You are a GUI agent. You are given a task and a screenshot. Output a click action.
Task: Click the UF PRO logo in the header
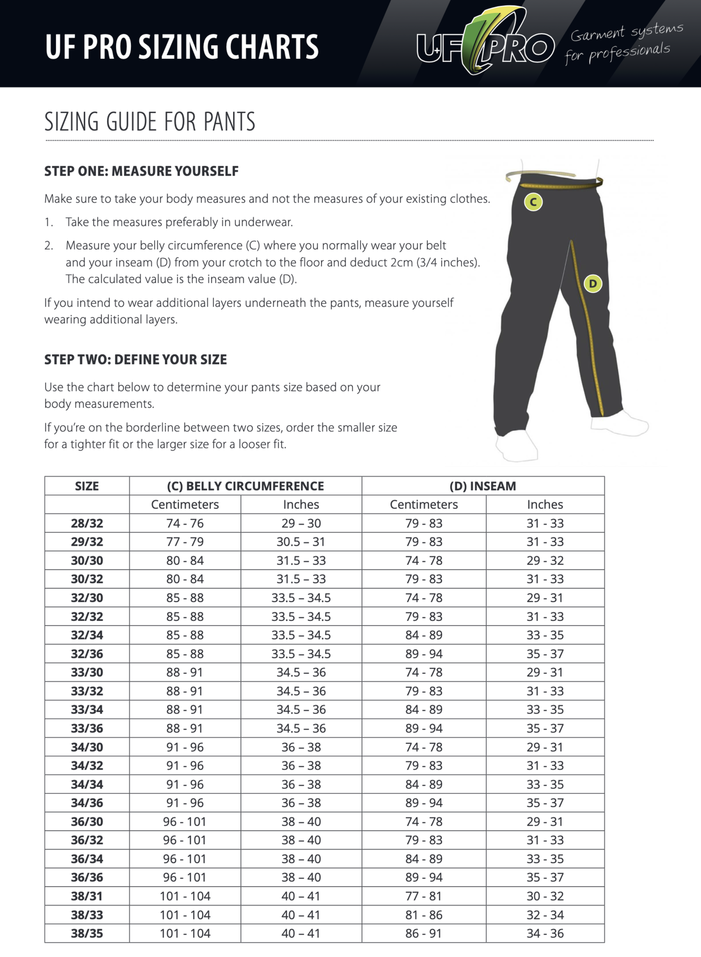coord(486,44)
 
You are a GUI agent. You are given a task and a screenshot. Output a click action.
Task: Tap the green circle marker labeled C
coord(533,202)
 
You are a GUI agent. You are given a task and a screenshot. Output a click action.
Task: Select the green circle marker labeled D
coord(593,283)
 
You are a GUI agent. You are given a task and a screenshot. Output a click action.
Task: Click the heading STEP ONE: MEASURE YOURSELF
coord(142,171)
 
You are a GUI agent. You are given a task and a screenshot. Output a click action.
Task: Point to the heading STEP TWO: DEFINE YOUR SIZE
coord(135,359)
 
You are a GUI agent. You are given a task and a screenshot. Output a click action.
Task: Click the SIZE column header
coord(87,486)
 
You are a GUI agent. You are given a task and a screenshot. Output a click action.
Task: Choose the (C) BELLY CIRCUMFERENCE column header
coord(245,486)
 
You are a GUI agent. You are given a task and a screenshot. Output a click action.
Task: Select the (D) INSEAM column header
coord(482,486)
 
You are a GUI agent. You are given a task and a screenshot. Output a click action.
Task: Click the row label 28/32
coord(87,523)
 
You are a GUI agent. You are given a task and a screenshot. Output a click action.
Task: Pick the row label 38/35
coord(87,933)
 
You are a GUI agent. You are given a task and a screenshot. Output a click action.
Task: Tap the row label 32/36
coord(87,654)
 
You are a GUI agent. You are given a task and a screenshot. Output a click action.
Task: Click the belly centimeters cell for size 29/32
coord(185,542)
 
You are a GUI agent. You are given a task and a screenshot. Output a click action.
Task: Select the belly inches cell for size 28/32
coord(301,523)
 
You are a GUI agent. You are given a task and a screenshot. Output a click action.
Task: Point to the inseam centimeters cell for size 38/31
coord(424,896)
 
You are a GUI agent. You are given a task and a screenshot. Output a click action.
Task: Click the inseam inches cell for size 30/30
coord(545,560)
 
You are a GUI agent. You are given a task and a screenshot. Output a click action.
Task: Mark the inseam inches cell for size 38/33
coord(545,914)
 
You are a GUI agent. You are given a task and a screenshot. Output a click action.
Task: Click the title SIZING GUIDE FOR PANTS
coord(150,121)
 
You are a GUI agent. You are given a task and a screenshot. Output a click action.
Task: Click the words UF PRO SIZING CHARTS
coord(182,47)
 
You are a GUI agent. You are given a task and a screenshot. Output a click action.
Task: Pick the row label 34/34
coord(87,784)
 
